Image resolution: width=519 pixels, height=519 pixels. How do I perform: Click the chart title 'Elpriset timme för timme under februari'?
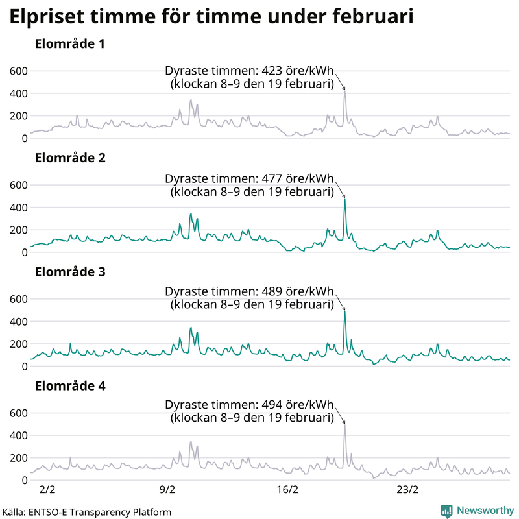(211, 17)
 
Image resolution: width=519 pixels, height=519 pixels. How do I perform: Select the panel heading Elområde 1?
(70, 45)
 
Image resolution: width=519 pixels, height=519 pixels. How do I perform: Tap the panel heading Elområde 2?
(70, 158)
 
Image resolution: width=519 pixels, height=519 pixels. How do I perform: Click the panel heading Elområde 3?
(70, 272)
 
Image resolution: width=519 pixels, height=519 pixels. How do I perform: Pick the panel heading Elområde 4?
(70, 386)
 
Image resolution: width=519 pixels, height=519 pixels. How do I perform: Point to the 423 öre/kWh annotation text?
(250, 72)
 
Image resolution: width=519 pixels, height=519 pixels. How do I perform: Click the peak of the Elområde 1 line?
(344, 91)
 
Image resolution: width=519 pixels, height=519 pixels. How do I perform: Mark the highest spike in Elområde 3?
(344, 311)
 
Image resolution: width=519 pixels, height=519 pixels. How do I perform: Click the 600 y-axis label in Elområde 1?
(18, 71)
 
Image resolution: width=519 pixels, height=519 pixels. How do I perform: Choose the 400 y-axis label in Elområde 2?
(18, 208)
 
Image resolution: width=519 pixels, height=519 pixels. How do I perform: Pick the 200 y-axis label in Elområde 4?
(18, 458)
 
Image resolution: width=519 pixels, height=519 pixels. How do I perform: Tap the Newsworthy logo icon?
(446, 511)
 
